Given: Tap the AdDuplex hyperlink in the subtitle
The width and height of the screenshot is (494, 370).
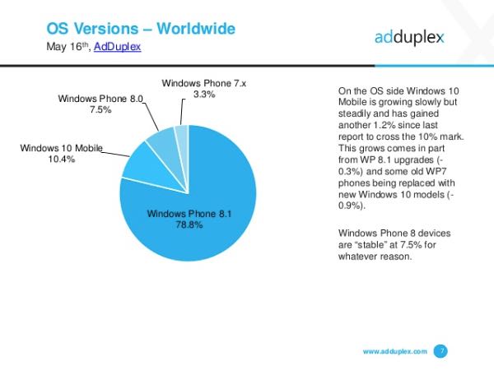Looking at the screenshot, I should point(118,48).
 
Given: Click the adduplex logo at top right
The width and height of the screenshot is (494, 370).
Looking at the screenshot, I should point(410,38).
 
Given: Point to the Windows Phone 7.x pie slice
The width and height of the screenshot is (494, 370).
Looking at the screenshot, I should point(182,135).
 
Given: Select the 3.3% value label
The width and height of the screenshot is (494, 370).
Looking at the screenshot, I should point(203,95).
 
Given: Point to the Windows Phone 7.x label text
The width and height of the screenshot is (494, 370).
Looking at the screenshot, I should point(203,83).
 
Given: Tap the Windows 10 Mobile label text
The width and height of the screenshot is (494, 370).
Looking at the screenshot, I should point(61,148).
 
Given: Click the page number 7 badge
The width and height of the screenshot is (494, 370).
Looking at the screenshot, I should point(440,351).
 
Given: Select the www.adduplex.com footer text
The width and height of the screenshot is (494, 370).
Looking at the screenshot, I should point(394,352).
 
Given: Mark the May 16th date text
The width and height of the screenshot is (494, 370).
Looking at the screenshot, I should point(68,48).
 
